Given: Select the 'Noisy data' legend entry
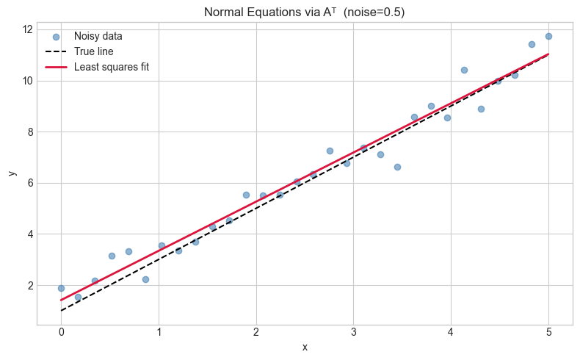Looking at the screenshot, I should pos(101,36).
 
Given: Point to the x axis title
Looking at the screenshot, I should pos(305,347).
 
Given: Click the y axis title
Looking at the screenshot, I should pos(11,173).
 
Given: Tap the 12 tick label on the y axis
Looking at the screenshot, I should pos(26,29).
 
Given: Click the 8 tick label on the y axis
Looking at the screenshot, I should pos(29,132).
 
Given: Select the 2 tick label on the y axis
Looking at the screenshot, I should pos(29,286).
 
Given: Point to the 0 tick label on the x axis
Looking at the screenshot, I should pos(61,332).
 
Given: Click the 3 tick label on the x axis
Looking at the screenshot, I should pos(353,332).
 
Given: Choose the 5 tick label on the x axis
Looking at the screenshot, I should pos(548,332).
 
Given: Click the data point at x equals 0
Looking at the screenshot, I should pos(61,288).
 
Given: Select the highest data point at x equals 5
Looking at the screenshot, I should pos(548,36).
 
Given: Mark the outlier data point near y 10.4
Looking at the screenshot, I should pos(464,70).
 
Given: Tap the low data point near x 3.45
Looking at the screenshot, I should pos(397,167).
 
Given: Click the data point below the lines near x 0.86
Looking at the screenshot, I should pos(145,279).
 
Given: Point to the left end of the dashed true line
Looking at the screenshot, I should pos(61,311).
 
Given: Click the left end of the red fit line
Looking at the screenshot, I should pos(61,300).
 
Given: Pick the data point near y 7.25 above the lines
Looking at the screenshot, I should pos(330,151).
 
